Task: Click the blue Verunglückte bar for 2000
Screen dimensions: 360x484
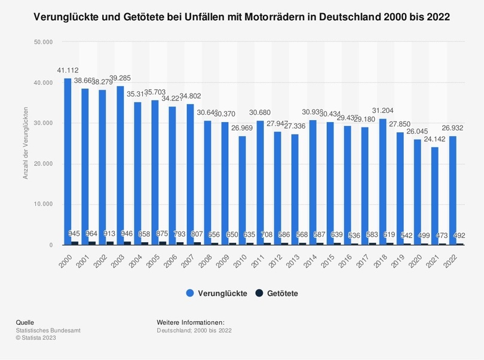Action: (x=68, y=161)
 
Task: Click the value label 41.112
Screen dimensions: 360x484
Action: (x=68, y=71)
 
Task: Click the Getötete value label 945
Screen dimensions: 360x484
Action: (x=75, y=233)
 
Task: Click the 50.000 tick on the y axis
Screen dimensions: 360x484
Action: (x=44, y=42)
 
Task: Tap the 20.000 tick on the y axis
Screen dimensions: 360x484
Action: (x=44, y=164)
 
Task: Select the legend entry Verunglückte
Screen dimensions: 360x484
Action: (x=216, y=293)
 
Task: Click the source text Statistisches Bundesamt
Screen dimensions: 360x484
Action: (x=48, y=330)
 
